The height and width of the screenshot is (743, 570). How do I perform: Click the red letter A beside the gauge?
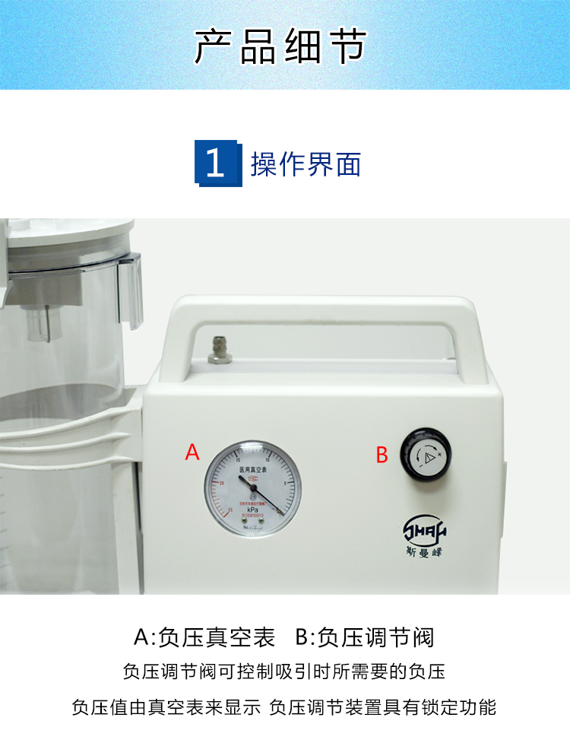(x=192, y=452)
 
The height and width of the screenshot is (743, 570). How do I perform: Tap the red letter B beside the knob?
(x=382, y=456)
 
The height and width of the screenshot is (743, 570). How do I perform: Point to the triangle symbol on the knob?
(x=430, y=456)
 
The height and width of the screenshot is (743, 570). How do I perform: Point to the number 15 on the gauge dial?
(x=239, y=461)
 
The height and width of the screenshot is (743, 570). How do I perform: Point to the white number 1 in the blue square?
(x=216, y=164)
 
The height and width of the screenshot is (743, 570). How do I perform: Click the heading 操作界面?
(x=306, y=164)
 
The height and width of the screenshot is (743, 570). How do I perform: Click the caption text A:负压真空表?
(x=204, y=637)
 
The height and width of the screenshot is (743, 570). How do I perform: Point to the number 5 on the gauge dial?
(x=283, y=482)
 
